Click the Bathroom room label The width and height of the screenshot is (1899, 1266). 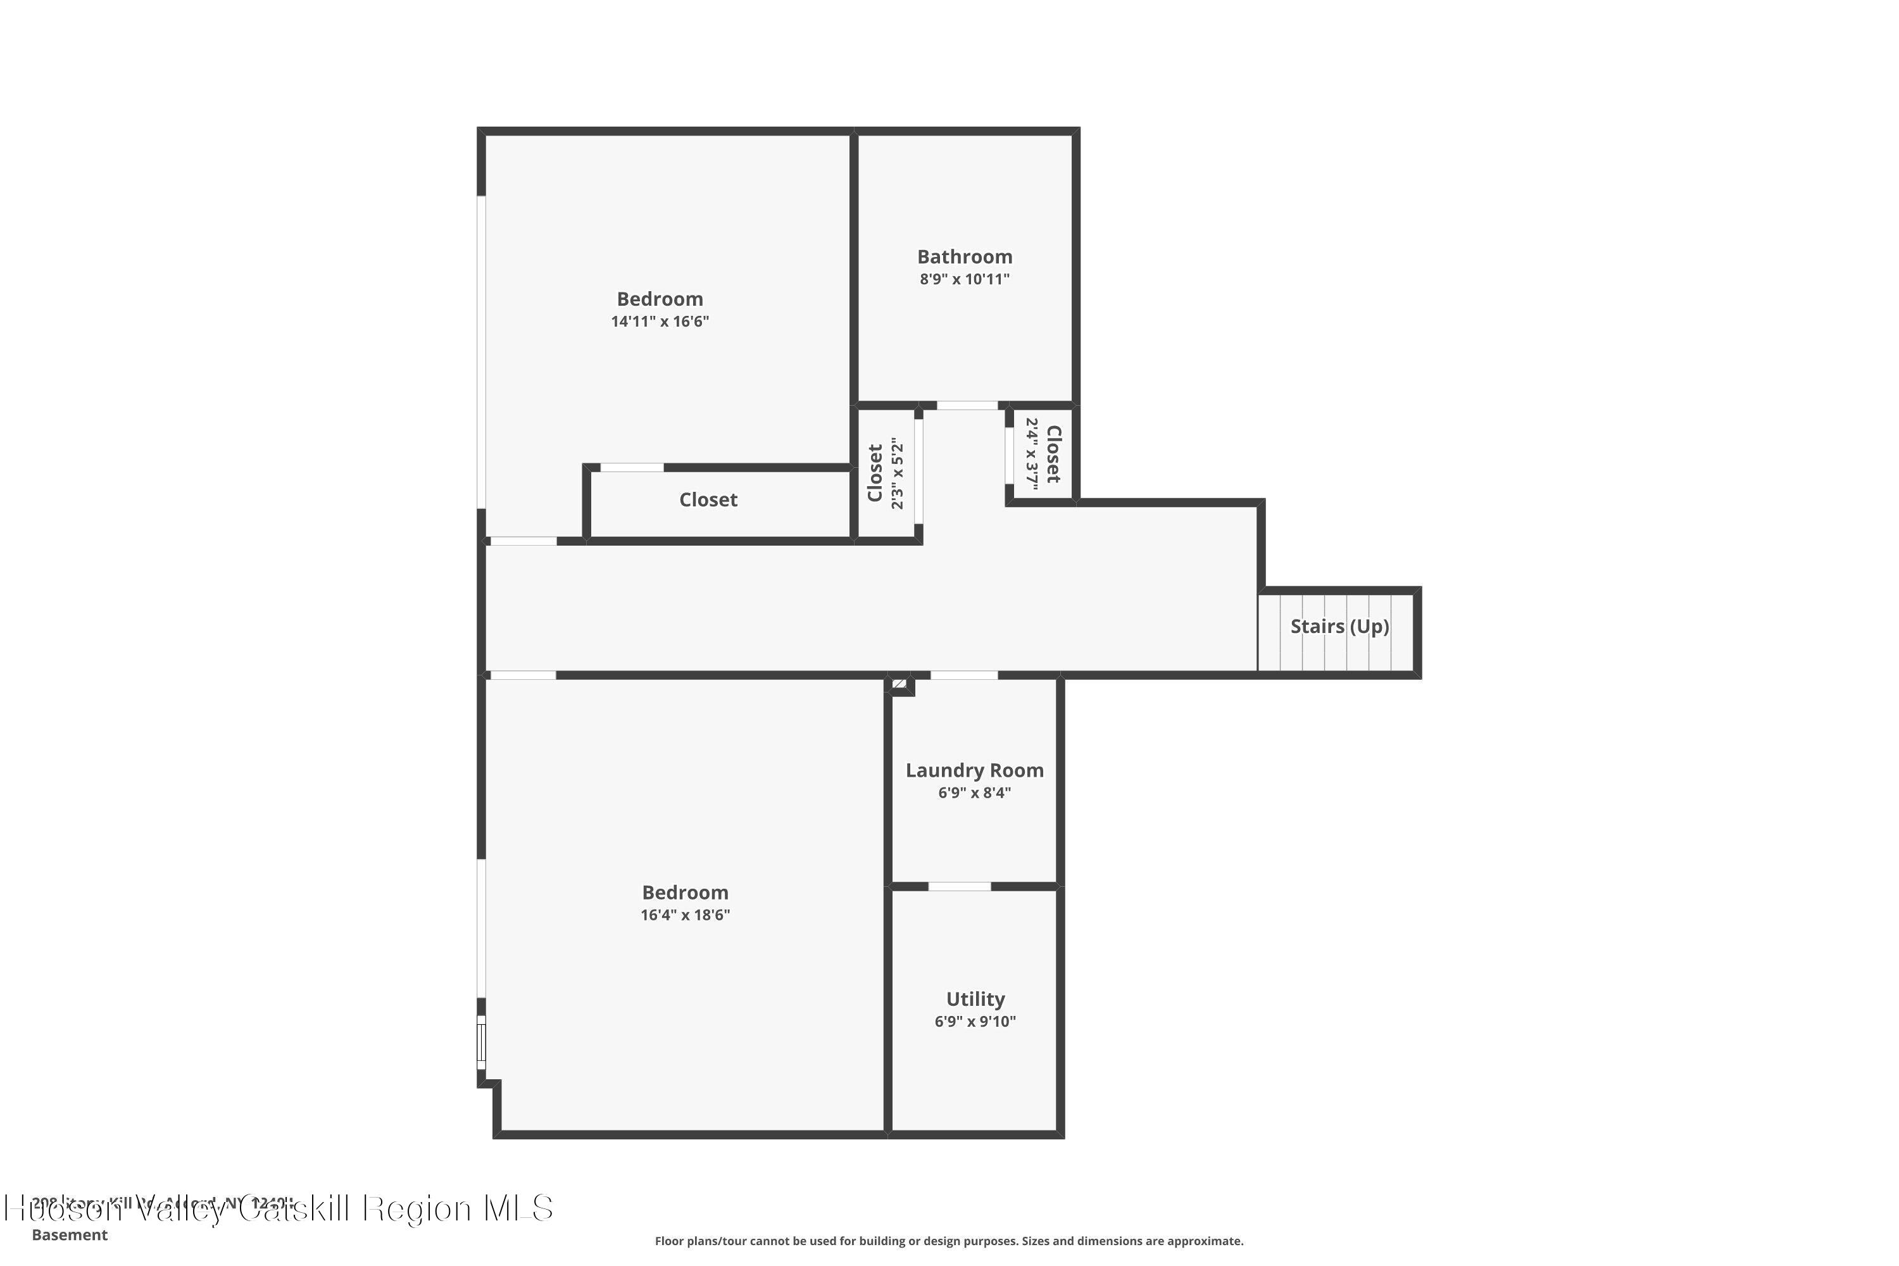point(964,257)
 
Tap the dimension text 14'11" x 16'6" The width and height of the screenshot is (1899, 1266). point(660,322)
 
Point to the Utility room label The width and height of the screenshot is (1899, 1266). point(975,999)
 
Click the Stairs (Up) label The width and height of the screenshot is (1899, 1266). point(1339,627)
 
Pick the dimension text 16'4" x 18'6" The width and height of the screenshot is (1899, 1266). point(685,915)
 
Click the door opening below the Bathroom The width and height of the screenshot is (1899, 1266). point(967,405)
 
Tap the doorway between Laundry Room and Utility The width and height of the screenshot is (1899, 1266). point(958,887)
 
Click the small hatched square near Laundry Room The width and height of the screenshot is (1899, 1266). point(899,684)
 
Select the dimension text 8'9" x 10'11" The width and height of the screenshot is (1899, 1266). point(964,279)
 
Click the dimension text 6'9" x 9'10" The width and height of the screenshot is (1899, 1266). point(975,1022)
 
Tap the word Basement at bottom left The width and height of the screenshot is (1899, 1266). point(70,1234)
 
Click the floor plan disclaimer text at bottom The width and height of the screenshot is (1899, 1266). point(949,1241)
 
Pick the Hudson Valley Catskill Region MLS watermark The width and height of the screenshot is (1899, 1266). point(279,1208)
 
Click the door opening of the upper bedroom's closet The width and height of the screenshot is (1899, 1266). point(631,468)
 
